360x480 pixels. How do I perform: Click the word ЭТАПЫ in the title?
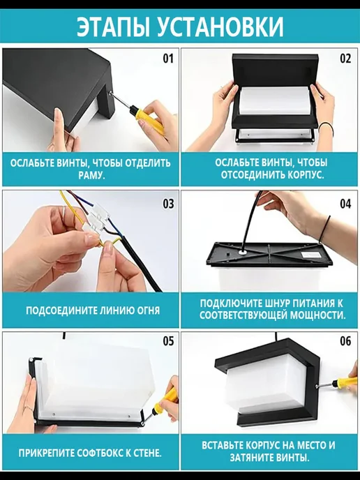(113, 27)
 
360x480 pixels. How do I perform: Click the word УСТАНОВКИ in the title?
(220, 27)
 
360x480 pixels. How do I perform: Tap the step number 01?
(168, 58)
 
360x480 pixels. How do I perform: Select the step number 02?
(345, 58)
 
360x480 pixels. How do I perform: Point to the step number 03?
(168, 204)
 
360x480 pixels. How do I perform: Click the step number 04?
(345, 204)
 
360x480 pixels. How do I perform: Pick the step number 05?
(168, 340)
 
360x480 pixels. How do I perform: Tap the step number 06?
(345, 340)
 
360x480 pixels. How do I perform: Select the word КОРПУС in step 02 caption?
(304, 176)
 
